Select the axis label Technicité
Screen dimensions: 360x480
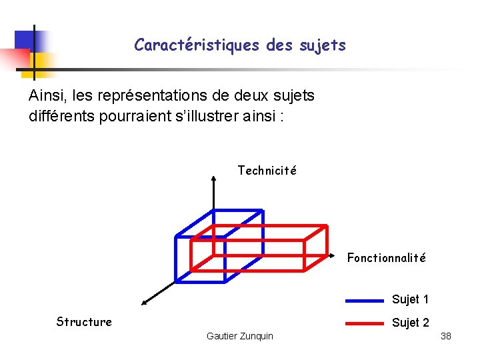pos(267,171)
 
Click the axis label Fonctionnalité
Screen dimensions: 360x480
pos(386,258)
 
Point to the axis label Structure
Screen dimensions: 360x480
pos(84,322)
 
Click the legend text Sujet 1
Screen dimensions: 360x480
pos(410,299)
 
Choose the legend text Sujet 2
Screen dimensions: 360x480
pos(410,323)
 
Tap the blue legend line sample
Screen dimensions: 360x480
pos(364,301)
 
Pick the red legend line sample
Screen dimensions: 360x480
pos(364,324)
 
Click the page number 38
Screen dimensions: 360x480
pos(446,336)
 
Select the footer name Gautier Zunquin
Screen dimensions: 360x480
pos(240,336)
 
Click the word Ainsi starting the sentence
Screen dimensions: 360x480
pos(46,96)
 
